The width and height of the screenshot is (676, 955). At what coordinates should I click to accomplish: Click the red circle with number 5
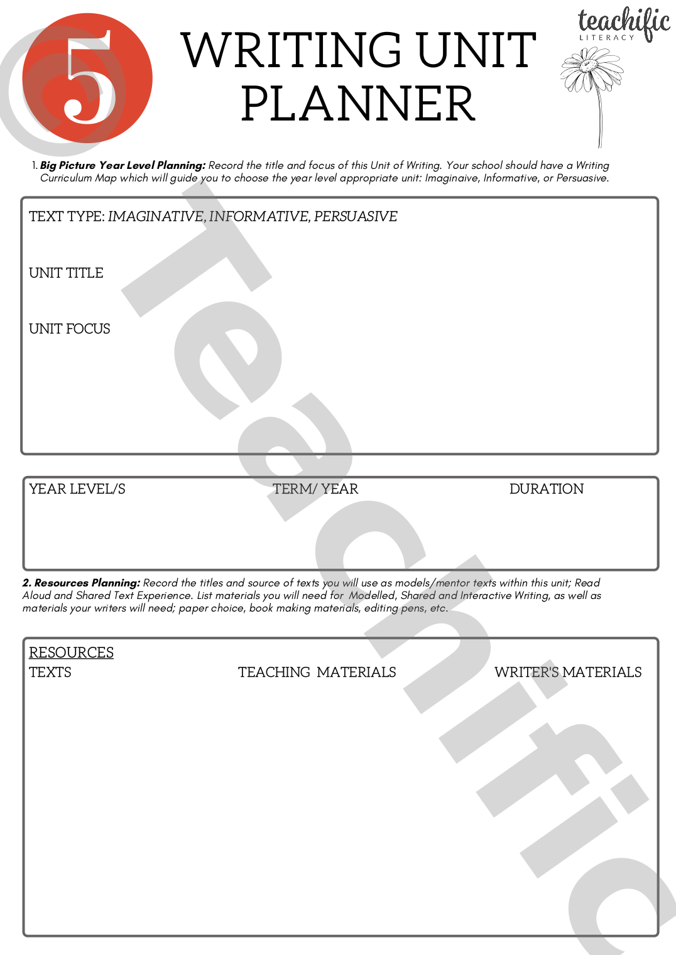(x=87, y=78)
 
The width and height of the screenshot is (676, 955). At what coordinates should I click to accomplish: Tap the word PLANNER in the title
(x=358, y=104)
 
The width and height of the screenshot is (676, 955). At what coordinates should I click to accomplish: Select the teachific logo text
(x=623, y=21)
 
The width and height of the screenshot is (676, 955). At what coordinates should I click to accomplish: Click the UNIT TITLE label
(x=66, y=273)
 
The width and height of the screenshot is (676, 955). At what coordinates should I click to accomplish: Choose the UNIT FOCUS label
(x=70, y=329)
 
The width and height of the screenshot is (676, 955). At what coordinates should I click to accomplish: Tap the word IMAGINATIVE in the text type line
(x=156, y=217)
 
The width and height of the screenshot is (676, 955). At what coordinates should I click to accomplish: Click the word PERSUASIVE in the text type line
(x=356, y=217)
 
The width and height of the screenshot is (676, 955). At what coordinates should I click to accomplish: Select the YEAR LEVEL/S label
(x=77, y=489)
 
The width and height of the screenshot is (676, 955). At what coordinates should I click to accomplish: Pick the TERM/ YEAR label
(x=315, y=489)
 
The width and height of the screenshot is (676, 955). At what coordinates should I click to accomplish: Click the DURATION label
(x=547, y=489)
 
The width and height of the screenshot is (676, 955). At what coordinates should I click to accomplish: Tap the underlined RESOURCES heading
(x=72, y=653)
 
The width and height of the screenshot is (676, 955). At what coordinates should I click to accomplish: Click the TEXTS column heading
(x=50, y=672)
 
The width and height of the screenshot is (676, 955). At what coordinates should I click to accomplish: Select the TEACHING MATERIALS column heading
(x=317, y=672)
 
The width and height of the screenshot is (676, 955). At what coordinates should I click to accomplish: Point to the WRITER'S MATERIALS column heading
(x=568, y=672)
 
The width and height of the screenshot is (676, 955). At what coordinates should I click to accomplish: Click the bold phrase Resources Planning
(x=87, y=583)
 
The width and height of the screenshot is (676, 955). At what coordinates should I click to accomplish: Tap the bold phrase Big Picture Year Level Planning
(x=123, y=166)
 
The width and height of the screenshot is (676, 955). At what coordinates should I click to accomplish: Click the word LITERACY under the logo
(x=607, y=38)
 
